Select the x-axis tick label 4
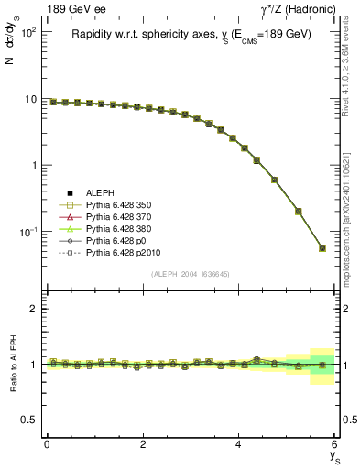pyautogui.click(x=239, y=445)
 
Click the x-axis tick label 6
pyautogui.click(x=335, y=445)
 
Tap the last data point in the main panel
pyautogui.click(x=322, y=248)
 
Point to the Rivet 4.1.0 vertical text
pyautogui.click(x=349, y=64)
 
